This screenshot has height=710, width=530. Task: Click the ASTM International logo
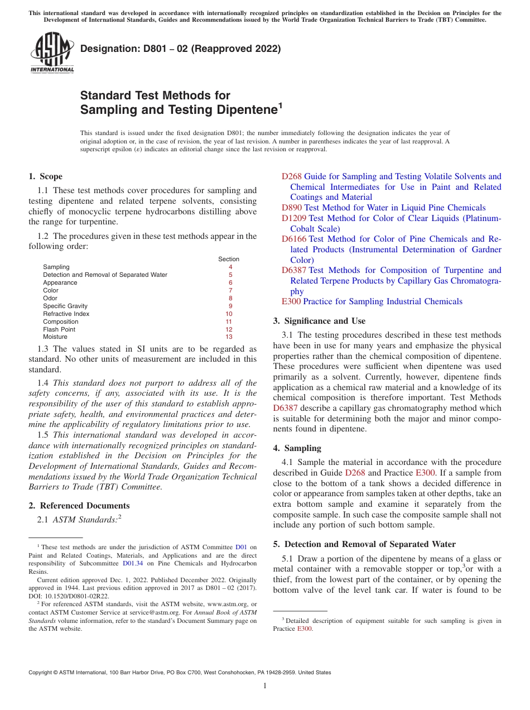tap(52, 52)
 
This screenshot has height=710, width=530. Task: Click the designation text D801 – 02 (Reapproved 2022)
tap(180, 49)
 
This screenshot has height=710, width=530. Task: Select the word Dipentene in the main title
tap(243, 110)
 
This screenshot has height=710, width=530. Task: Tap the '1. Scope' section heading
tap(46, 176)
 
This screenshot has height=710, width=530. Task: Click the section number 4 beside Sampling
tap(230, 267)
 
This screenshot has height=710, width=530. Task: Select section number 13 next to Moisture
tap(229, 337)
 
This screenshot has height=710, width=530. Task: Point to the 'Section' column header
tap(228, 259)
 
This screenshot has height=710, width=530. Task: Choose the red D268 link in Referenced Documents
tap(291, 176)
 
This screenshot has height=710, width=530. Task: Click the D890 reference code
tap(291, 208)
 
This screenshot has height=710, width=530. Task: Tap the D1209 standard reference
tap(293, 218)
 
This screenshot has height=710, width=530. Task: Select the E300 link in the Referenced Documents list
tap(291, 301)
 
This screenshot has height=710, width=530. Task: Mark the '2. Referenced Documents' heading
tap(79, 506)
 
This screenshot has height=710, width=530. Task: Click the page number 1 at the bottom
tap(265, 686)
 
